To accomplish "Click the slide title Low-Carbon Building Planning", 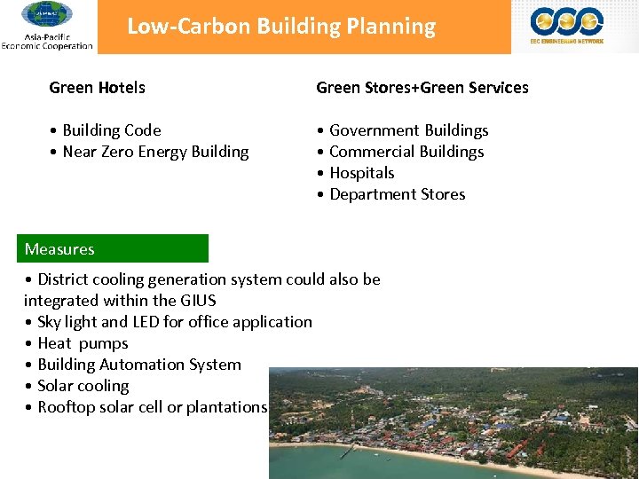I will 281,27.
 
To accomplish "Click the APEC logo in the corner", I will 47,16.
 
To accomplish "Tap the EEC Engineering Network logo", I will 567,25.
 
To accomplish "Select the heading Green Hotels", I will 98,88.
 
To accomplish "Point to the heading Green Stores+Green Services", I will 422,88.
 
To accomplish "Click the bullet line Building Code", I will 112,130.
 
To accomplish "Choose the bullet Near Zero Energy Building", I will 155,152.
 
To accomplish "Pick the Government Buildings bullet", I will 408,130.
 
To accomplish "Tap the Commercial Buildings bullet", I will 406,152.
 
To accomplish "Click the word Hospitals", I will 362,173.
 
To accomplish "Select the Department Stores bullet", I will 397,194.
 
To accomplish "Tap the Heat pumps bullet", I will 83,343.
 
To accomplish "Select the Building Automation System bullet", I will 139,365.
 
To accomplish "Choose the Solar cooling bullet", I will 83,386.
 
